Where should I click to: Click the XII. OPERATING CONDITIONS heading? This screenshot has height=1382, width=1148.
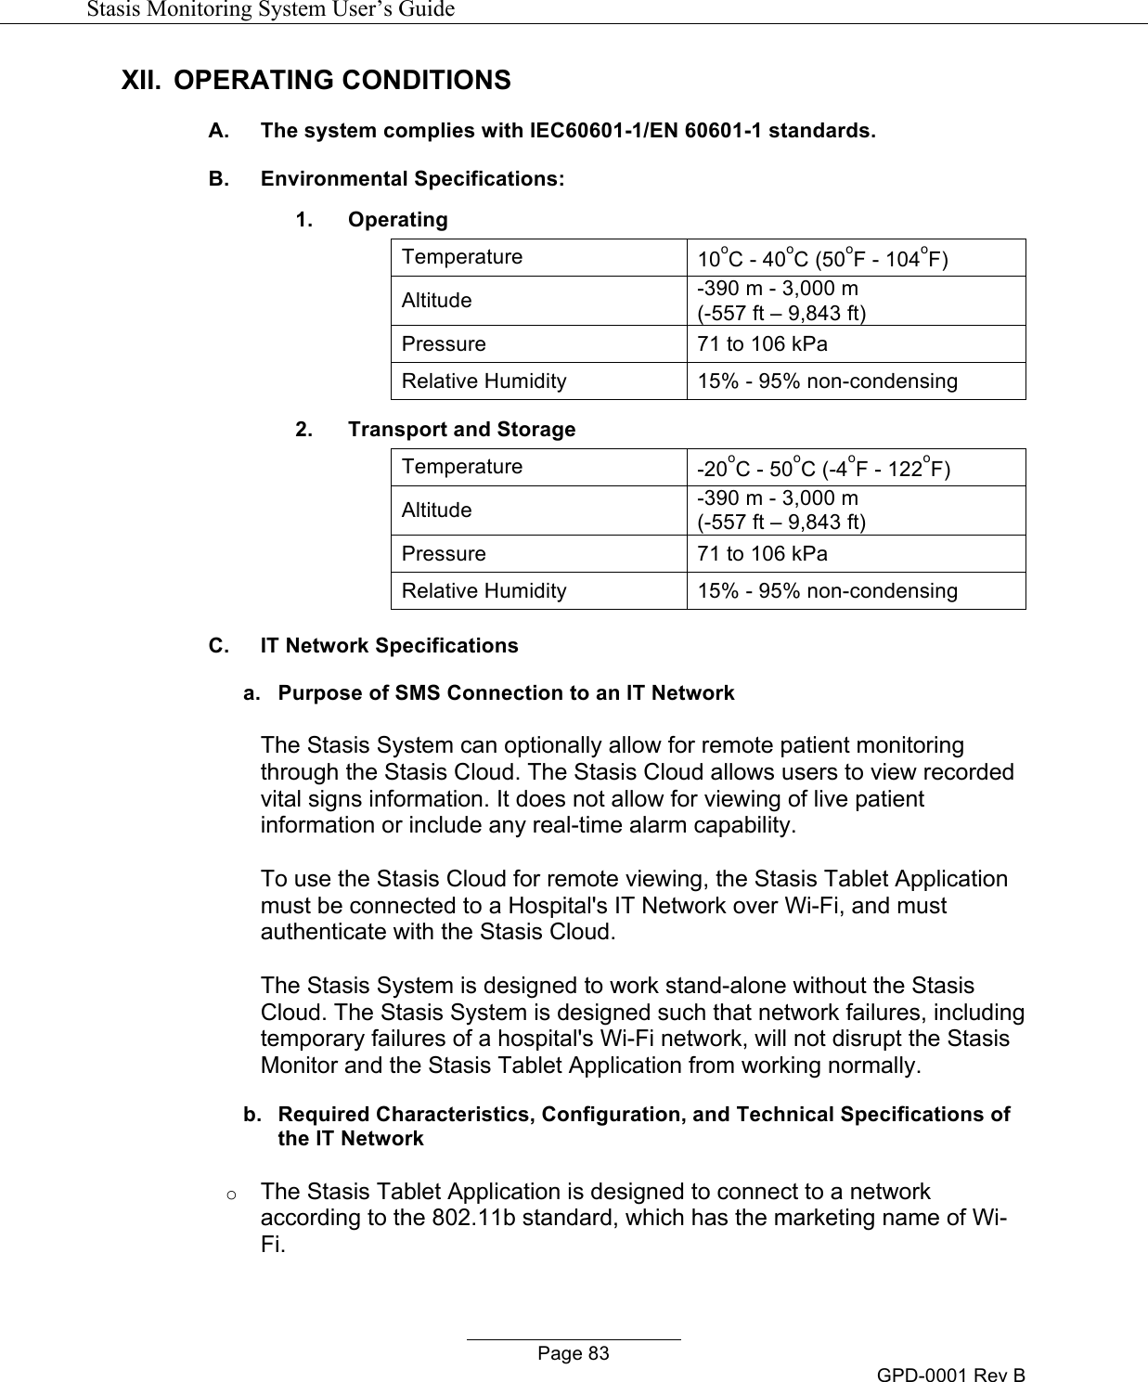(316, 80)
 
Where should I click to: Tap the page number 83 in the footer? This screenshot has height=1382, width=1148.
(574, 1353)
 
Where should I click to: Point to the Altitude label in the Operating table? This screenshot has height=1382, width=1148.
(436, 301)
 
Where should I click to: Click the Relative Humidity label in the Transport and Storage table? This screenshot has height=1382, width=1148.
(484, 591)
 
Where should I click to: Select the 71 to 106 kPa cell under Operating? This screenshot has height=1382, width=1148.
(763, 344)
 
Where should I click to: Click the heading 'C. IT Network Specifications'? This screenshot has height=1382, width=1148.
(363, 645)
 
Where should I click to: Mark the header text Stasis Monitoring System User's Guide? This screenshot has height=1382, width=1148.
(270, 10)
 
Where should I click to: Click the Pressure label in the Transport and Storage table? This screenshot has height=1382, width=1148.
(444, 554)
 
